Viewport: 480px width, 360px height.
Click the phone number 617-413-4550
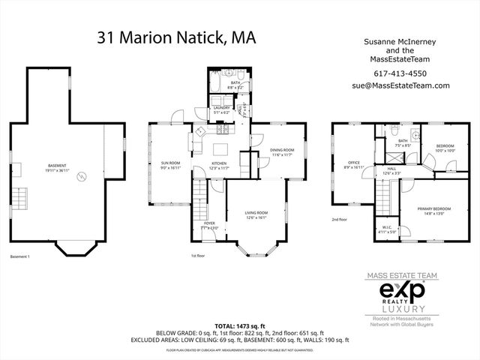[400, 73]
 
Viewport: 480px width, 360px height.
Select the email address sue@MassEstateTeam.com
[400, 85]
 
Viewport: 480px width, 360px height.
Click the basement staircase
[23, 199]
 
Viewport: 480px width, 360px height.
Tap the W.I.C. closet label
[386, 229]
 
